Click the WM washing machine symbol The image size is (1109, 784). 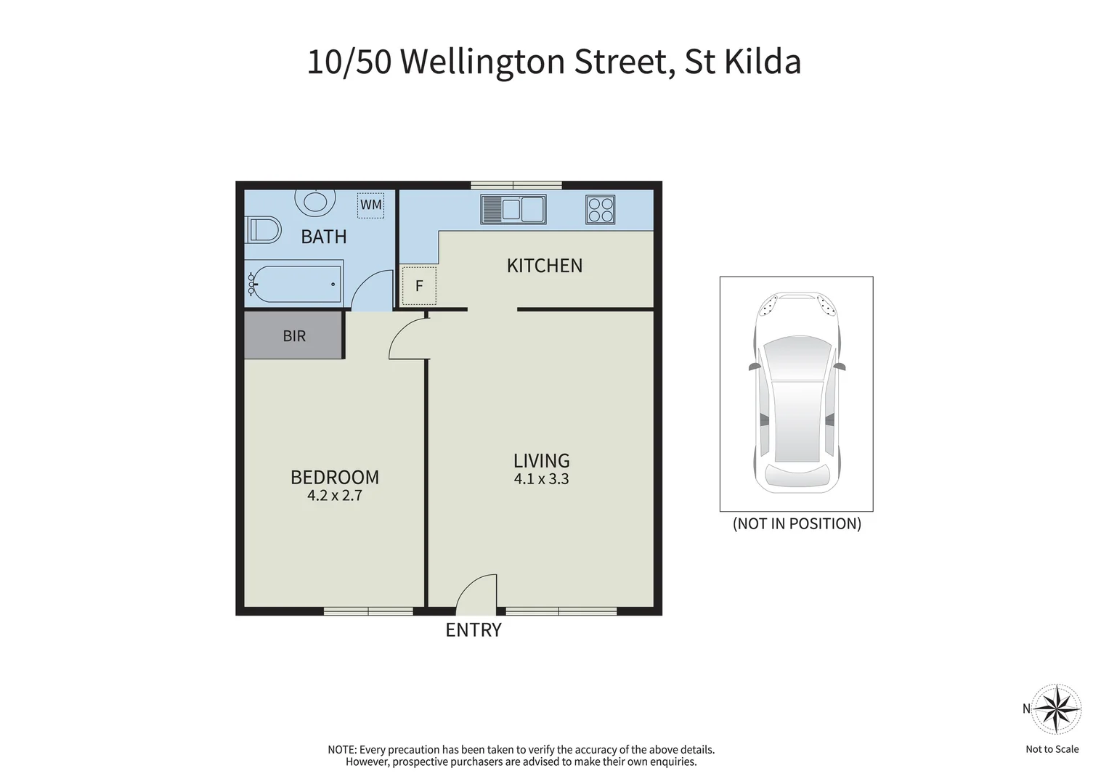click(x=371, y=205)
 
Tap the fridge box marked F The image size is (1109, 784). click(x=419, y=286)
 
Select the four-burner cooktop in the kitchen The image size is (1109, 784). click(x=601, y=210)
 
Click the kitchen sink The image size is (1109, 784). click(x=513, y=210)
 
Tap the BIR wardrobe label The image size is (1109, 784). click(x=294, y=336)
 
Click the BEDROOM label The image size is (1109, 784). click(x=335, y=477)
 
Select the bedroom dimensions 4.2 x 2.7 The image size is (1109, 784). click(x=335, y=496)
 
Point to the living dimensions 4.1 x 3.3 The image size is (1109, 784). click(x=541, y=479)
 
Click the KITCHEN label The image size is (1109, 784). click(x=545, y=266)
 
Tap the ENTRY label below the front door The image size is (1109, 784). click(x=474, y=630)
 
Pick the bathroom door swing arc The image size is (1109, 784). click(x=371, y=290)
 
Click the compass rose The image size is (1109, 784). click(x=1057, y=709)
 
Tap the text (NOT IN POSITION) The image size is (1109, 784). click(x=797, y=523)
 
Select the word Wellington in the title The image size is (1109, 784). click(x=483, y=62)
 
